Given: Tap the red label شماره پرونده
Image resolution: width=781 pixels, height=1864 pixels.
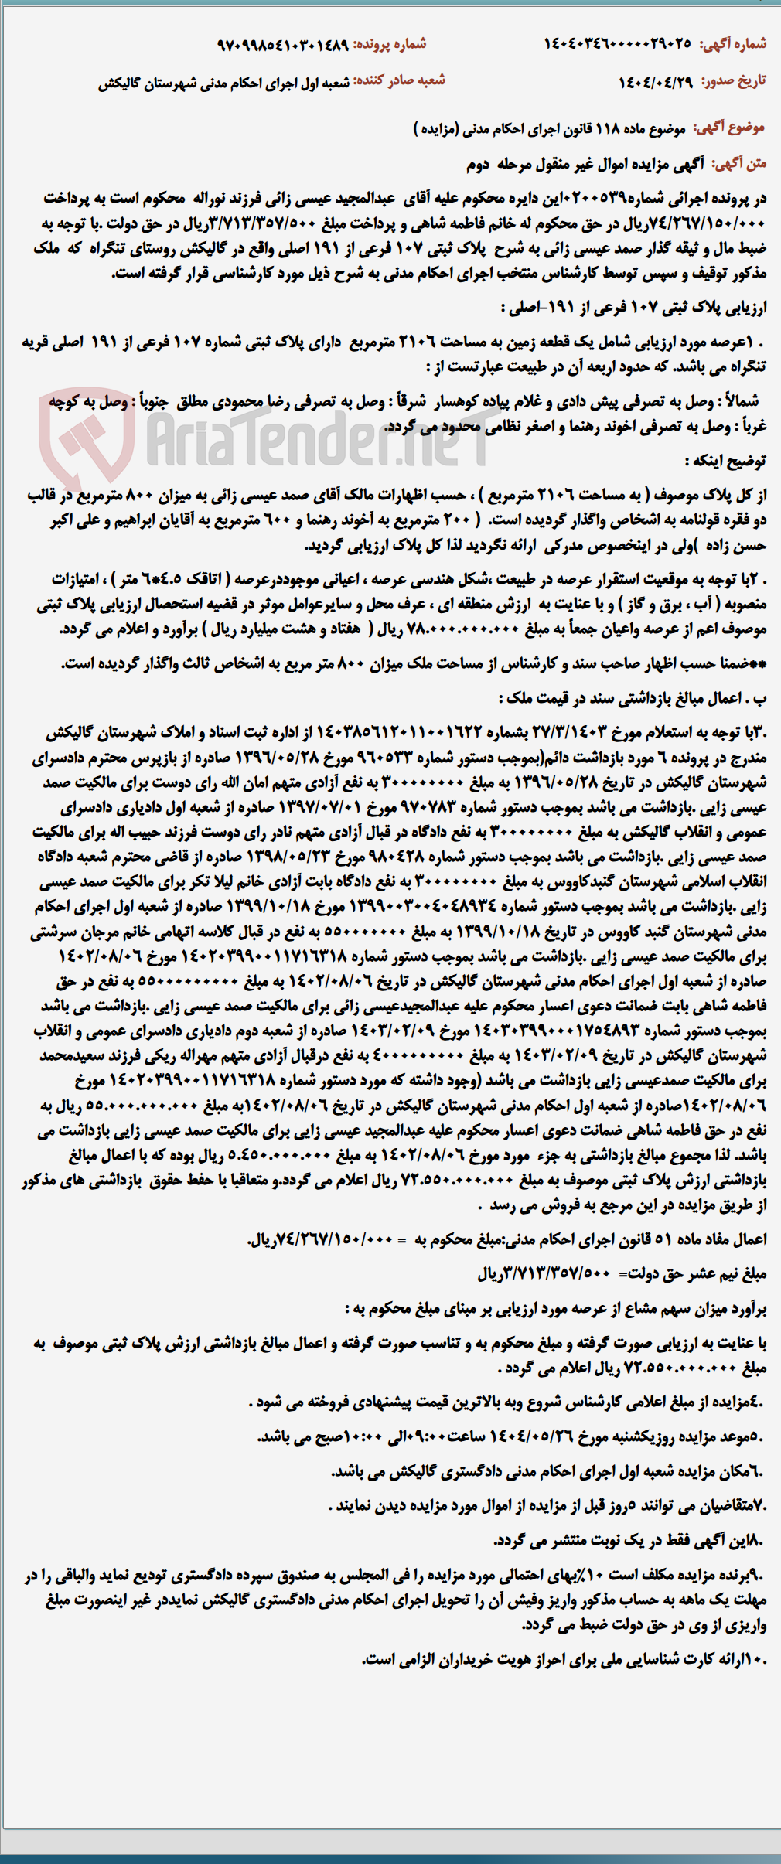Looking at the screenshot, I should (390, 44).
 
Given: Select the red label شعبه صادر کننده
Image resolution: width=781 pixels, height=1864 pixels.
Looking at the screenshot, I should (399, 80).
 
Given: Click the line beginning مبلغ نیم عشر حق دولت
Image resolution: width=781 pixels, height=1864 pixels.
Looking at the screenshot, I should (622, 1273).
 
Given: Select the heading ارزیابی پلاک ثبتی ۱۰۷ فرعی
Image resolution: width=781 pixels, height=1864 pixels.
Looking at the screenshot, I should (634, 307).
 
